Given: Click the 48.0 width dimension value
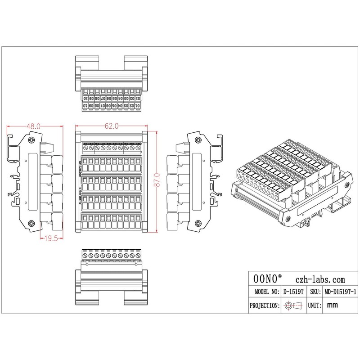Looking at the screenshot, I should tap(34, 127).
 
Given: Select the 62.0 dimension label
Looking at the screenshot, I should tap(112, 127).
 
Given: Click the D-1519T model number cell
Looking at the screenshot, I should tap(294, 292).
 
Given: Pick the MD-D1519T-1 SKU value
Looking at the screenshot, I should tap(341, 292).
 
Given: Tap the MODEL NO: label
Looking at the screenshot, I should tap(265, 292).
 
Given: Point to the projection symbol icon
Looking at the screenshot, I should tap(293, 306).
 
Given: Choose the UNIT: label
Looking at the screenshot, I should tap(314, 306).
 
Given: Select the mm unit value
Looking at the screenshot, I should tap(333, 306).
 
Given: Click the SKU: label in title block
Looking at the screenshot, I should tap(314, 292).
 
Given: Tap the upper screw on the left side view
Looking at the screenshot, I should tap(31, 140).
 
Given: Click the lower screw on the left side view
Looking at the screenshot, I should tap(31, 223).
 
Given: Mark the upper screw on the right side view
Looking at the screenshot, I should tap(197, 140).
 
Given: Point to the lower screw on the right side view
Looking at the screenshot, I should tap(197, 223).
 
